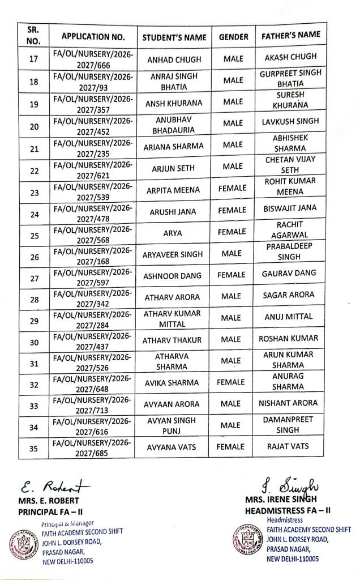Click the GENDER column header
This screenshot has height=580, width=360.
pos(233,37)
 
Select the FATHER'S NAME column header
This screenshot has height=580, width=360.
pos(290,36)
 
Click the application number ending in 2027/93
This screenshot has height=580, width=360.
pos(93,81)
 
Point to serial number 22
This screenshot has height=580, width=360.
pos(33,170)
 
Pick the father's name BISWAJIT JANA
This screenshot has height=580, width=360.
pos(290,208)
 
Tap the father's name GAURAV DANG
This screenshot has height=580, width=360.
pos(289,274)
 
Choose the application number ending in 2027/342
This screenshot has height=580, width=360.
pos(93,299)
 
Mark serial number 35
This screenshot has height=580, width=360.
pos(33,449)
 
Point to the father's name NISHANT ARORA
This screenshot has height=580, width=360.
pos(288,403)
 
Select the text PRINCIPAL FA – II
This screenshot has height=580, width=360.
pos(50,511)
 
